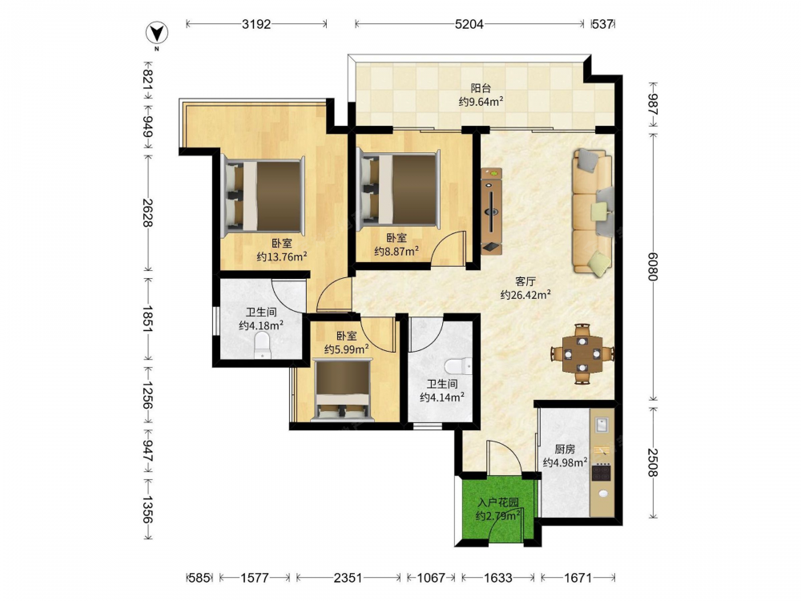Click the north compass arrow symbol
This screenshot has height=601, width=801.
157,34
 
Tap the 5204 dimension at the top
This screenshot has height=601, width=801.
469,24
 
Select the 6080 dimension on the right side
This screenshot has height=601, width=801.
652,266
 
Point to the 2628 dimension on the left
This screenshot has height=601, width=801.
147,212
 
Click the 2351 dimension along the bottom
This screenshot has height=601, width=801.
348,578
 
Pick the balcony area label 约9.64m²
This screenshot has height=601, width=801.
481,102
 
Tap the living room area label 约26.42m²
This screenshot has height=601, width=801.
525,294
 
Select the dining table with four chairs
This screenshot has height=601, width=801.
582,353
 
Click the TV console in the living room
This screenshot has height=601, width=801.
492,211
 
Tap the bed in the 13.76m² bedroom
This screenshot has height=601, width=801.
264,196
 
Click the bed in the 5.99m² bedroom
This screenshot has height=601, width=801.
342,390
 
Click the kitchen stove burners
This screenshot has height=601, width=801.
602,472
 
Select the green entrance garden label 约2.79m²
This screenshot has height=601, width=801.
498,516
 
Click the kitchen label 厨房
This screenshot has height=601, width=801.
565,450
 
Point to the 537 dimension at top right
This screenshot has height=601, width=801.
602,24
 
